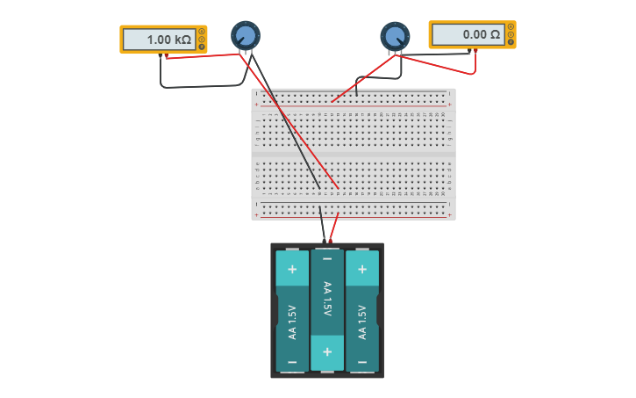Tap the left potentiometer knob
(246, 36)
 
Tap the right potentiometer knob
(395, 36)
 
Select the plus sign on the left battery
(292, 269)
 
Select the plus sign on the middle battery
(327, 353)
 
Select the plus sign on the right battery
(362, 269)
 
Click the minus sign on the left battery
(292, 362)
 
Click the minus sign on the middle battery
(327, 258)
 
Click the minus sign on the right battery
(362, 362)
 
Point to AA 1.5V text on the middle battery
(327, 299)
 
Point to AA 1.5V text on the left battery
(292, 322)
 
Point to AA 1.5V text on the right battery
(362, 322)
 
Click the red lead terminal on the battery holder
(331, 240)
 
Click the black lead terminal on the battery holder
(324, 240)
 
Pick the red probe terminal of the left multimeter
(166, 55)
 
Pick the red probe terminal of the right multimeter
(475, 51)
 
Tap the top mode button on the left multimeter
(202, 32)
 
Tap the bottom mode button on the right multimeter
(511, 41)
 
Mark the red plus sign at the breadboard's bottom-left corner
(257, 215)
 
